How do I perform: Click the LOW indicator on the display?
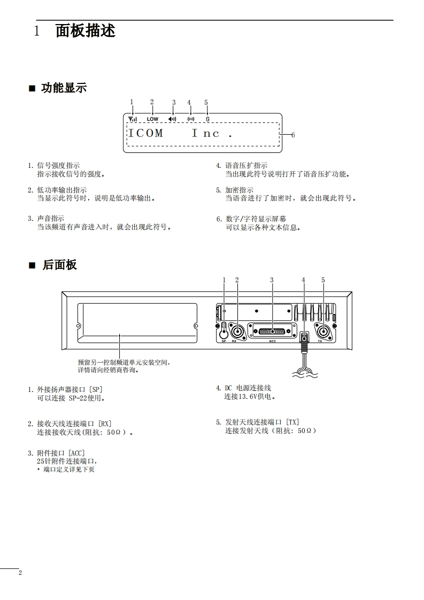152,119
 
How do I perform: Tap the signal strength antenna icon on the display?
132,119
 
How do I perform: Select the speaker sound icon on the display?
172,119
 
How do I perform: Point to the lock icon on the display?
207,119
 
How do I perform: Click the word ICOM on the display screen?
145,133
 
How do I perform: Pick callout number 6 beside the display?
292,135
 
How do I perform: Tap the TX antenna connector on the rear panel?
323,330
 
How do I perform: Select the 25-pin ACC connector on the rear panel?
272,332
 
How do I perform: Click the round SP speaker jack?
225,332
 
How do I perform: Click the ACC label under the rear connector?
272,341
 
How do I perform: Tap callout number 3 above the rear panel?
272,280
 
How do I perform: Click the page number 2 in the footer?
20,573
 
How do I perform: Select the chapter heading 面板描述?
86,31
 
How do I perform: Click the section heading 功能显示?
64,88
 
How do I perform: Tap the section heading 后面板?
60,265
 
